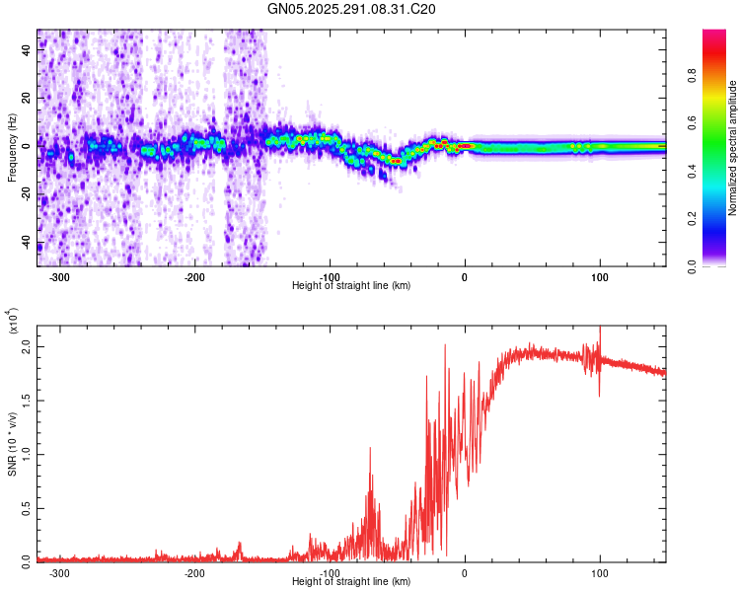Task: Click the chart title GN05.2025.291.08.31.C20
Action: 352,9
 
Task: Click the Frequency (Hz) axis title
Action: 12,148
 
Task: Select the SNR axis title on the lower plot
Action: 12,444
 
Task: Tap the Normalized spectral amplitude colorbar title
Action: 733,148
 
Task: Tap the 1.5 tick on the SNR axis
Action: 27,402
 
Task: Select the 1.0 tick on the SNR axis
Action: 27,454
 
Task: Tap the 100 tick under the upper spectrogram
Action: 599,277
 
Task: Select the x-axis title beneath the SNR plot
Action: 351,582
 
